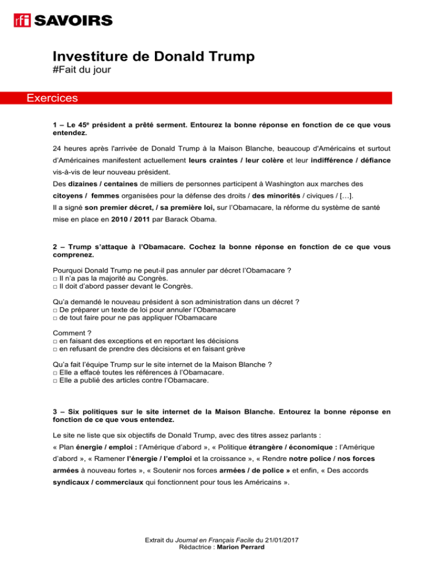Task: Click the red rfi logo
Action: tap(23, 21)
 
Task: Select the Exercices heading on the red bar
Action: tap(52, 98)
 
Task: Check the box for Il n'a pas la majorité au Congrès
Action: tap(54, 278)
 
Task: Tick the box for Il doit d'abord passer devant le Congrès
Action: tap(54, 286)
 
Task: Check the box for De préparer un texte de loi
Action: tap(54, 311)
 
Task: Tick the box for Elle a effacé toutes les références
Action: tap(54, 373)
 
